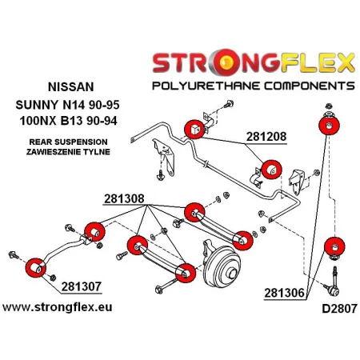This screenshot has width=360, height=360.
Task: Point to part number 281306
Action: click(x=286, y=294)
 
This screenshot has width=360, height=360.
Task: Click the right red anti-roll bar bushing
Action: click(x=272, y=170)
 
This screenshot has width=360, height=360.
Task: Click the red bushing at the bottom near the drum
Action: click(x=185, y=273)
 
